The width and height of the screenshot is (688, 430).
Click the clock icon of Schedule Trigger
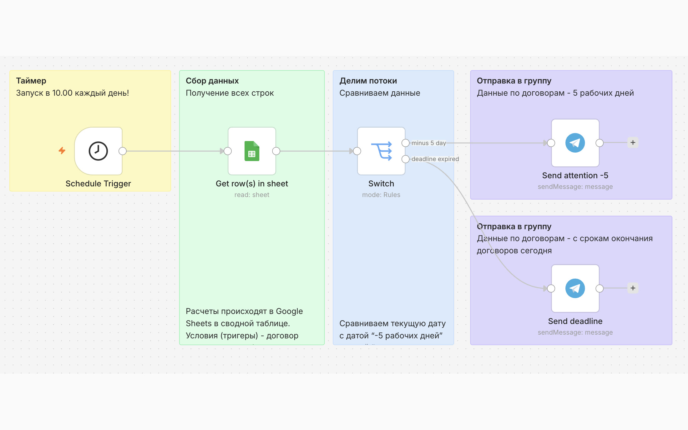click(98, 151)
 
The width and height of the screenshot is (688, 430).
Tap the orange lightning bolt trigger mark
click(62, 151)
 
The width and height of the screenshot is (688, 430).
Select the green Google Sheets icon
click(252, 151)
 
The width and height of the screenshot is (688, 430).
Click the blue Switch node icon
click(382, 151)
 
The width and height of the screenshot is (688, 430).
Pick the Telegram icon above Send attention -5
click(575, 143)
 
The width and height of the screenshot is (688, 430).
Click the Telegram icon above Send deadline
click(575, 288)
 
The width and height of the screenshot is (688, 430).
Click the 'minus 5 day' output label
click(429, 143)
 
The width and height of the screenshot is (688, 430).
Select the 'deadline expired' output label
click(435, 159)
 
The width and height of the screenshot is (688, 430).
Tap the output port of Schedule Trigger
click(123, 151)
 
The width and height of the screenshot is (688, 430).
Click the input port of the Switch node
click(357, 151)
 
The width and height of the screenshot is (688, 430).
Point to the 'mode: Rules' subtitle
click(381, 195)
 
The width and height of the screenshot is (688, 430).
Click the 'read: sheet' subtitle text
click(252, 195)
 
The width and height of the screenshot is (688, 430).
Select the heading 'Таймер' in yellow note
click(31, 81)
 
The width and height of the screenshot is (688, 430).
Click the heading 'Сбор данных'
click(212, 81)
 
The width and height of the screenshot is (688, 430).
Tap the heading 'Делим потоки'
click(368, 81)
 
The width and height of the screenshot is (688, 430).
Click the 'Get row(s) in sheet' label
click(252, 184)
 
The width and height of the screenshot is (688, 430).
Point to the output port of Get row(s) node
click(276, 151)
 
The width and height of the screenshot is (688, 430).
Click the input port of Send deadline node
click(551, 288)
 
